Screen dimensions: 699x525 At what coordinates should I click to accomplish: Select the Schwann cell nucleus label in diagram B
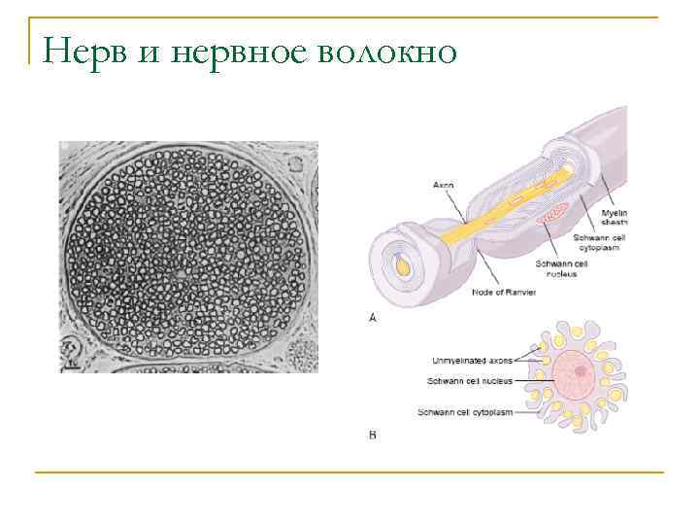(x=470, y=380)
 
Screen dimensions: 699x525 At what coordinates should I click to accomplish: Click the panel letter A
(x=373, y=318)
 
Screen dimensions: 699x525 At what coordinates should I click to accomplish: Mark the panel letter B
(x=373, y=435)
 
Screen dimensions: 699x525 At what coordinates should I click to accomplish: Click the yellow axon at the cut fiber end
(x=401, y=262)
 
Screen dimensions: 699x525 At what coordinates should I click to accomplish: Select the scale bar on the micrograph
(x=72, y=367)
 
